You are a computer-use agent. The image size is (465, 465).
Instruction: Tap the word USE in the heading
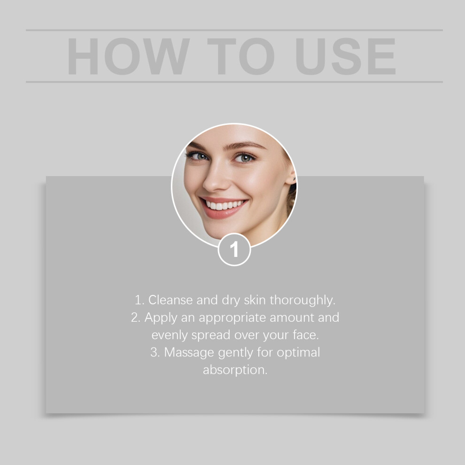coord(346,56)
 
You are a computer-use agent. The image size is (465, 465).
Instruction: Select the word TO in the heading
coord(241,56)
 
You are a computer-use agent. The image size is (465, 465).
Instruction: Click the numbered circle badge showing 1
coord(234,249)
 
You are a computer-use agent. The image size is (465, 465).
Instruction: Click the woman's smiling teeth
coord(225,205)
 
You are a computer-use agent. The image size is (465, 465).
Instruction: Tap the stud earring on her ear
coord(294,178)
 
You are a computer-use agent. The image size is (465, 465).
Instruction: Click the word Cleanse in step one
coord(170,300)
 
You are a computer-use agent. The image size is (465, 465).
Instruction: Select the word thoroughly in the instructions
coord(302,300)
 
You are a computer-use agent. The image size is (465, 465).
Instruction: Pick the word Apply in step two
coord(161,318)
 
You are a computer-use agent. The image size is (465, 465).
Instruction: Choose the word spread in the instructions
coord(211,335)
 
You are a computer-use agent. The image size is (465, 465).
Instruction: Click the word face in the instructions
coord(306,335)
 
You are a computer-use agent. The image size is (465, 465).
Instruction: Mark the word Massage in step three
coord(189,353)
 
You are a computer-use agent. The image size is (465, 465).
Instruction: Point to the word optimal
coord(298,353)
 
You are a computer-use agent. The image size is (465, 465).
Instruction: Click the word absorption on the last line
coord(235,370)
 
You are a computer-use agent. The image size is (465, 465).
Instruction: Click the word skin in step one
coord(255,300)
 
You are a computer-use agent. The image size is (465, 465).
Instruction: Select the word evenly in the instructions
coord(170,335)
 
